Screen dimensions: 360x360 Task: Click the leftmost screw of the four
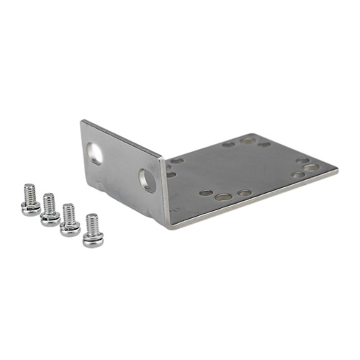click(30, 201)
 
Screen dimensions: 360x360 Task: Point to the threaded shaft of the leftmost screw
click(30, 193)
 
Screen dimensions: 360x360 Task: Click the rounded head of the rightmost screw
click(92, 240)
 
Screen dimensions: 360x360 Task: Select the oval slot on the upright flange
click(95, 152)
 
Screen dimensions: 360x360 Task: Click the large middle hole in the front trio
click(224, 195)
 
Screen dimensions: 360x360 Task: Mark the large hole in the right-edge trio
click(310, 167)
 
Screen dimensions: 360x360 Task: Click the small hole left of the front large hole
click(206, 193)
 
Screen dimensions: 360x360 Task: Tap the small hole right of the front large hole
click(245, 193)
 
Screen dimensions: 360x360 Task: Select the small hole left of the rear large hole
click(228, 144)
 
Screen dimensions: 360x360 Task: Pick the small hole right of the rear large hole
click(264, 144)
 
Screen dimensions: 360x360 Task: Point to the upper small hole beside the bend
click(177, 161)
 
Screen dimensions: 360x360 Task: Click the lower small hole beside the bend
click(171, 174)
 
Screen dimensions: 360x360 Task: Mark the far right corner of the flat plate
click(338, 170)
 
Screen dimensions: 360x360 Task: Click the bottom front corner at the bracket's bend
click(168, 228)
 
